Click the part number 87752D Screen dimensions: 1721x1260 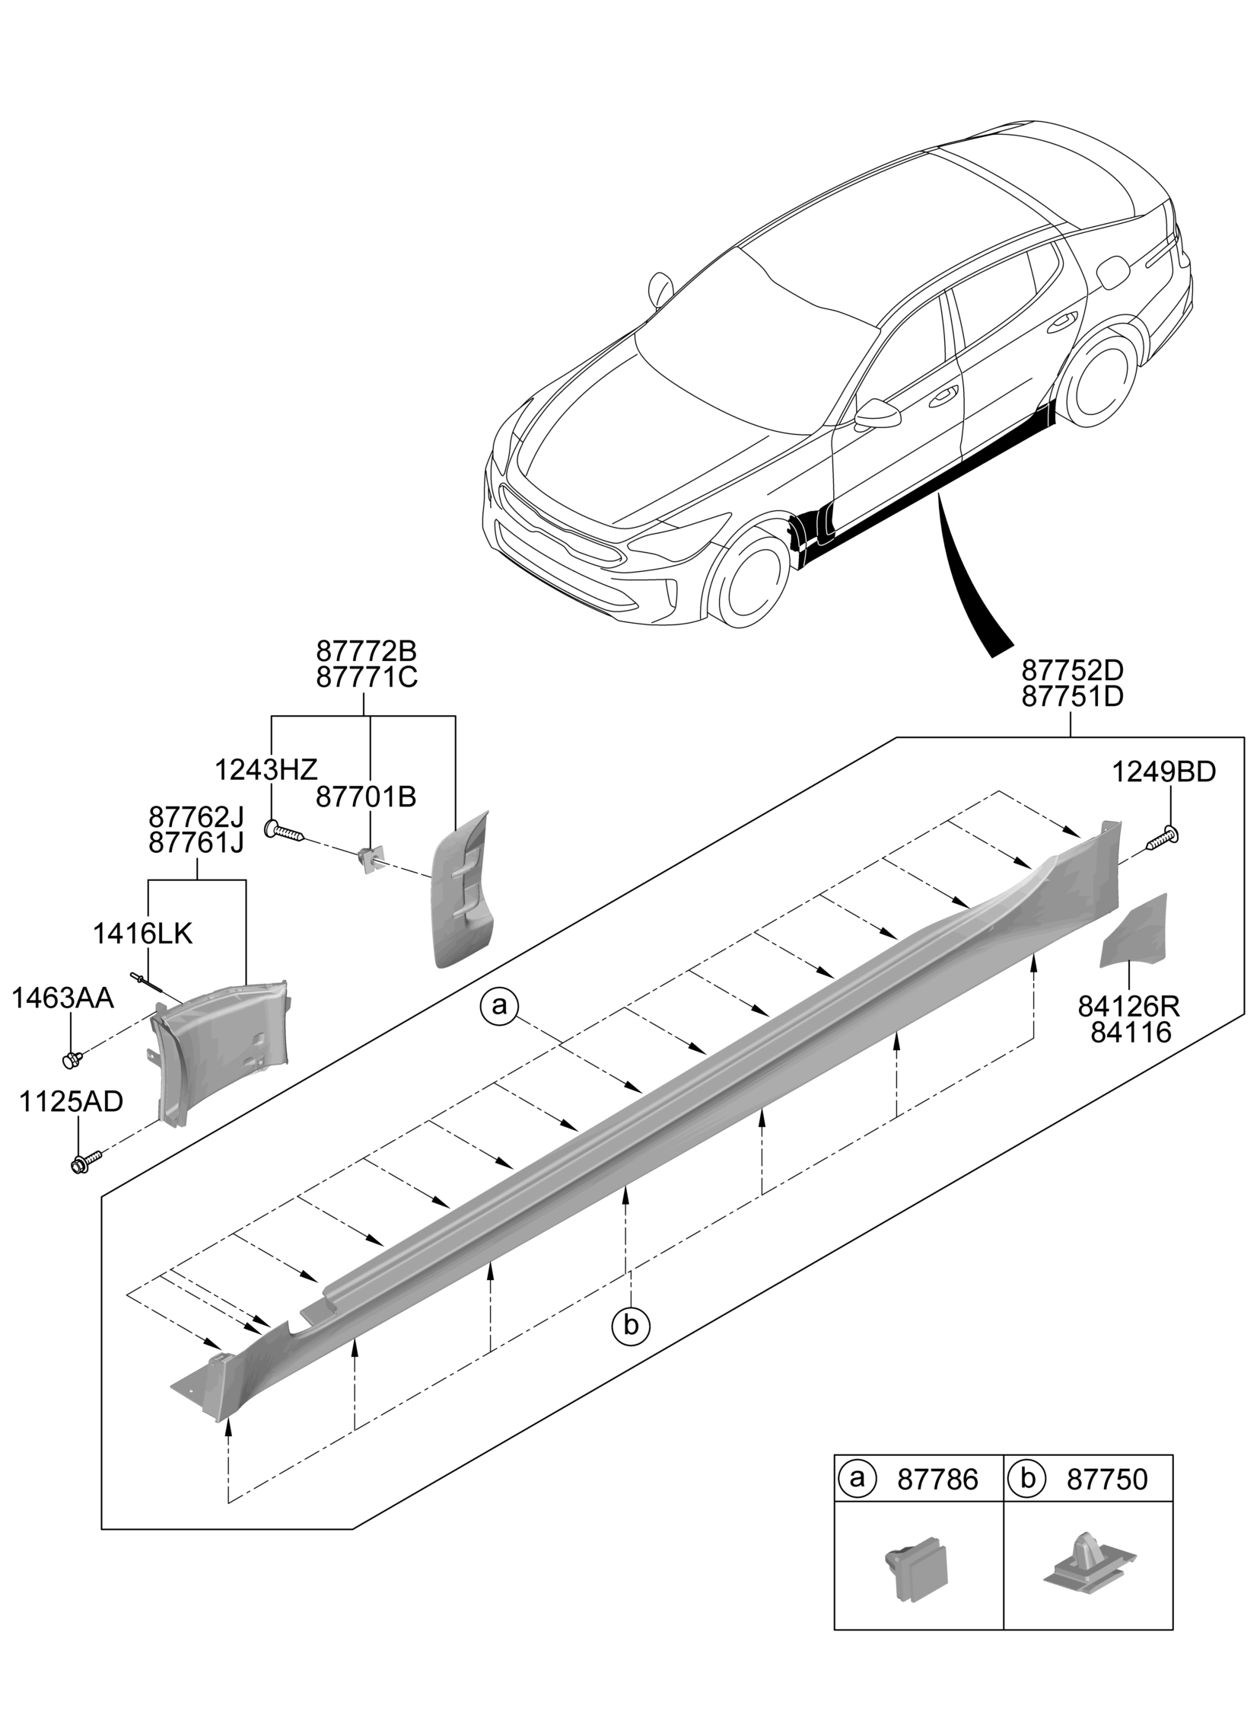1071,671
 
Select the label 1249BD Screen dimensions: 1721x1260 1163,772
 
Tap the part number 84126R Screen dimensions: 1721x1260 1128,1007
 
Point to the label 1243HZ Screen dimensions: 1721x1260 266,770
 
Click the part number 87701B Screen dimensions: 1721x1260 366,797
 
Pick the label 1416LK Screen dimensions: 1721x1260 142,934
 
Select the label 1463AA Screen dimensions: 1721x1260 62,998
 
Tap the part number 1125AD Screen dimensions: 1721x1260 71,1102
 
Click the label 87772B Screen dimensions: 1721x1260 366,652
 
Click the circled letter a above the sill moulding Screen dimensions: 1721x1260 499,1006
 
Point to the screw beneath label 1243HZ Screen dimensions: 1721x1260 285,831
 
